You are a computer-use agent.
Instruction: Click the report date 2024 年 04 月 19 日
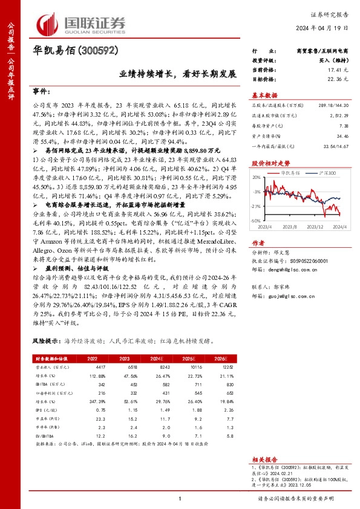coord(323,28)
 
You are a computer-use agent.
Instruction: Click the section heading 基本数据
coord(264,95)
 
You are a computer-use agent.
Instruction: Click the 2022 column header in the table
coord(93,359)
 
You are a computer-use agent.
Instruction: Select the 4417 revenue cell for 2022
coord(93,367)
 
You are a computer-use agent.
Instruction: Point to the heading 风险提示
coord(46,341)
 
